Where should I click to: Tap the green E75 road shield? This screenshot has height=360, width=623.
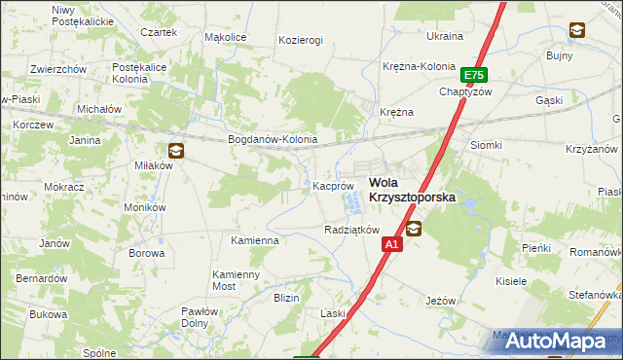pyautogui.click(x=474, y=75)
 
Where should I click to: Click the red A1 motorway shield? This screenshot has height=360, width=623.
pyautogui.click(x=390, y=245)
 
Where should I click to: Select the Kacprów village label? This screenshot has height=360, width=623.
pyautogui.click(x=332, y=185)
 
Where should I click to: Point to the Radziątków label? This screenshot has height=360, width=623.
pyautogui.click(x=350, y=230)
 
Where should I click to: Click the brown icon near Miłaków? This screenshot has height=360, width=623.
pyautogui.click(x=175, y=150)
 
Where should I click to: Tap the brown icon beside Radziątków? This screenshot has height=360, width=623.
pyautogui.click(x=414, y=230)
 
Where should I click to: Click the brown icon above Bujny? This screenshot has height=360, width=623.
pyautogui.click(x=577, y=30)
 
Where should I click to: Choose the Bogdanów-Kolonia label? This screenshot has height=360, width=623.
pyautogui.click(x=273, y=139)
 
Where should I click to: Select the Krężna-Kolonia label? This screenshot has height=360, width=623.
pyautogui.click(x=419, y=66)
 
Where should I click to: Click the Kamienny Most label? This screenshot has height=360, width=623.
pyautogui.click(x=238, y=281)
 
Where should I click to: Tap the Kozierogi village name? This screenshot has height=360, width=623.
pyautogui.click(x=300, y=40)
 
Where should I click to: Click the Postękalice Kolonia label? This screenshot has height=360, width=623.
pyautogui.click(x=142, y=73)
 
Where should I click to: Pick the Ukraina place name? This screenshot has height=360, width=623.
pyautogui.click(x=445, y=36)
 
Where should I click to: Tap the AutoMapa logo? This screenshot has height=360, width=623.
pyautogui.click(x=559, y=341)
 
